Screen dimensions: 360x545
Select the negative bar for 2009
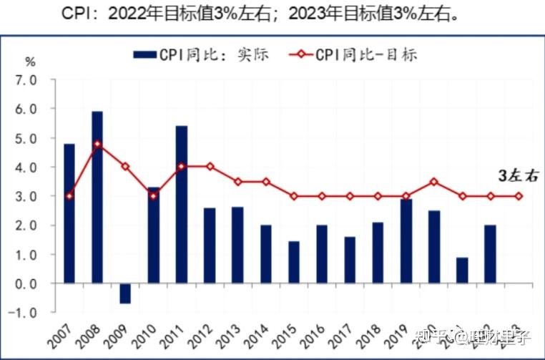pos(125,293)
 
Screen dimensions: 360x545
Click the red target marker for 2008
pos(97,144)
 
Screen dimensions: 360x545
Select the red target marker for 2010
pos(153,196)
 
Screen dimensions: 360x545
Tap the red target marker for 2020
pos(433,182)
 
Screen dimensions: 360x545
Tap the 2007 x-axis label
pos(59,334)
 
